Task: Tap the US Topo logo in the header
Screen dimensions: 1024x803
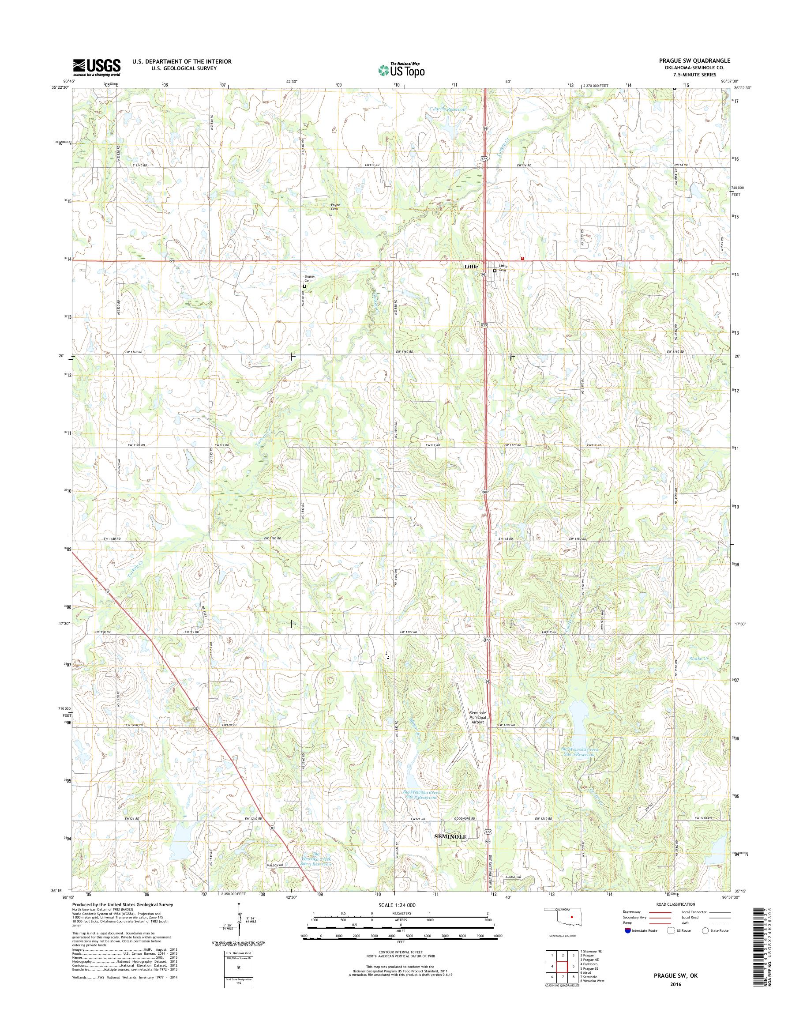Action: point(401,70)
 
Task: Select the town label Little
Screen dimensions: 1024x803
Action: point(471,267)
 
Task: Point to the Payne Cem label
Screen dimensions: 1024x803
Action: point(335,207)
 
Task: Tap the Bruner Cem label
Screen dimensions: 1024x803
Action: point(309,279)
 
